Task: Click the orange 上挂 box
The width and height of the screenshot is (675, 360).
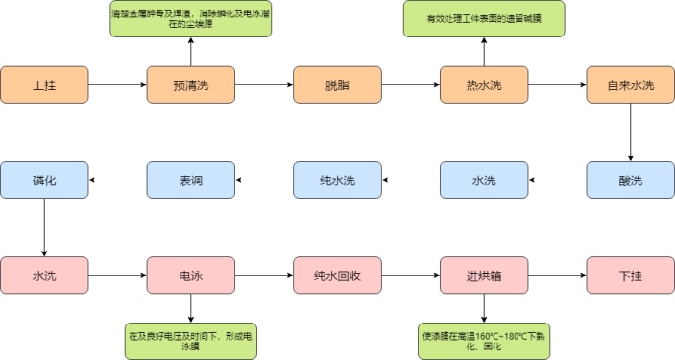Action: tap(44, 84)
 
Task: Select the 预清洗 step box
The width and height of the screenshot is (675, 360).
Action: tap(190, 84)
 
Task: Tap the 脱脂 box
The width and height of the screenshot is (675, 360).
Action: tap(337, 84)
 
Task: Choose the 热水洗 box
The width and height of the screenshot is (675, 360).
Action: tap(484, 84)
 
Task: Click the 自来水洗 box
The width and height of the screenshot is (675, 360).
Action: tap(630, 84)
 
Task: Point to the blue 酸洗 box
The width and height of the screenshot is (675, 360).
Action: tap(630, 180)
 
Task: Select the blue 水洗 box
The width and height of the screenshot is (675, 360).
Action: tap(484, 180)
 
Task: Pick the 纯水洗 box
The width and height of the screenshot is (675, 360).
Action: tap(337, 180)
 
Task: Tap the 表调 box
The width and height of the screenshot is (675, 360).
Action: tap(190, 180)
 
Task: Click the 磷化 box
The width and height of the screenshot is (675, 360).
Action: tap(44, 180)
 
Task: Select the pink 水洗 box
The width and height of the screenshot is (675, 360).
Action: tap(44, 276)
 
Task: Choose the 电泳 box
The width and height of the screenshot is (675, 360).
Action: tap(190, 276)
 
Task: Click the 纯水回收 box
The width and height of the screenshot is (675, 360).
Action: tap(337, 276)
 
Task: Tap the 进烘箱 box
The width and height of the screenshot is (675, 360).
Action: tap(484, 276)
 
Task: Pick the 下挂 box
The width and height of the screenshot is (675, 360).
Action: tap(630, 276)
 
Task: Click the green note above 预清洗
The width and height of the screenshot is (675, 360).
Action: tap(190, 20)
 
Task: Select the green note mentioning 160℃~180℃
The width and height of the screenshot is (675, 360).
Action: tap(484, 340)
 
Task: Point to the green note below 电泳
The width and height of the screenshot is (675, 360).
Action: tap(190, 340)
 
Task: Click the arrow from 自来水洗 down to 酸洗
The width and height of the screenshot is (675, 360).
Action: tap(630, 132)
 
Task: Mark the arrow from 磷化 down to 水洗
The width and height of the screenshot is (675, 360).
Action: tap(44, 228)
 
